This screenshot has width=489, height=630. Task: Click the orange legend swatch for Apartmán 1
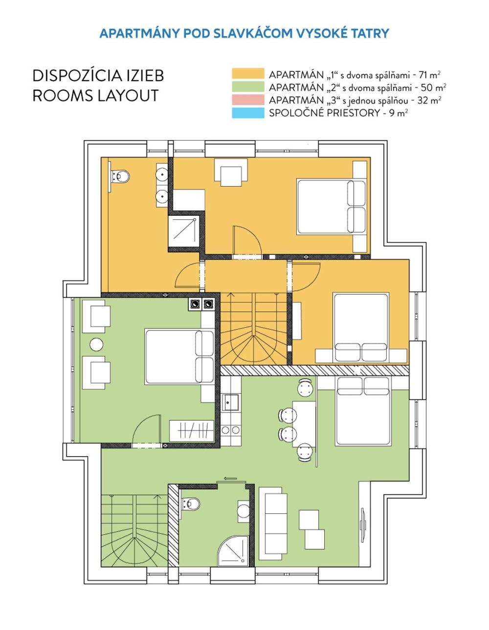[248, 74]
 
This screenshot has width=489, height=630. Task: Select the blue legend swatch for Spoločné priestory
[248, 113]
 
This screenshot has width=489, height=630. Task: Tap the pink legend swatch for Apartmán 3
[248, 100]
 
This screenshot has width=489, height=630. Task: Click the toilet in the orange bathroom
[119, 176]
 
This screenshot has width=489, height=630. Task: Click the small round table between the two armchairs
[96, 344]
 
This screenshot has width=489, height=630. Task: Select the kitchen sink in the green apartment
[230, 402]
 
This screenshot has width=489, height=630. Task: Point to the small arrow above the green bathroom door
[230, 479]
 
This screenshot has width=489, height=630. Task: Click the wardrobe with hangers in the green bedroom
[192, 431]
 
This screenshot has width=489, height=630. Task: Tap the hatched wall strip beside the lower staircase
[174, 525]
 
